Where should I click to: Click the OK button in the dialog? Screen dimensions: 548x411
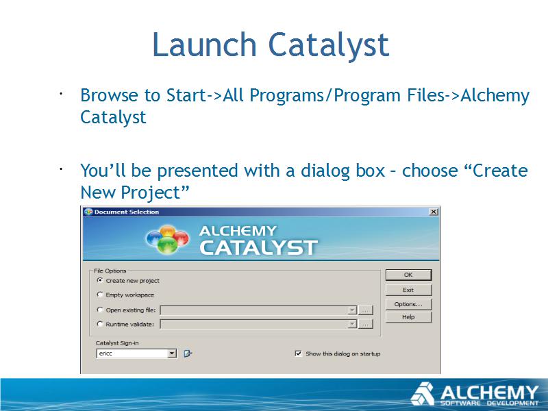pos(408,275)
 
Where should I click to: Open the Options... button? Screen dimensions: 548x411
pos(408,304)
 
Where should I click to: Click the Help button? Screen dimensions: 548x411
pos(408,317)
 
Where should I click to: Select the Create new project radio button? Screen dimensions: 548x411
pos(100,280)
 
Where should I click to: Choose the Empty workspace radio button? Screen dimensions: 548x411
pos(100,295)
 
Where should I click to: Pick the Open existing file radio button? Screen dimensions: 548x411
pos(100,310)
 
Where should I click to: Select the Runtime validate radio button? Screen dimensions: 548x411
pos(100,324)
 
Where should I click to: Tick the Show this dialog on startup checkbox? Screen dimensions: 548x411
pos(298,353)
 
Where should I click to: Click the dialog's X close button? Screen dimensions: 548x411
pos(434,212)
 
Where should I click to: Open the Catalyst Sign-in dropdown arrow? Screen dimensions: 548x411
pos(172,353)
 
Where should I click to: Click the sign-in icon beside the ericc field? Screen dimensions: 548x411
pos(188,353)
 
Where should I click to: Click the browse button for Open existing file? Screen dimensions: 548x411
pos(366,310)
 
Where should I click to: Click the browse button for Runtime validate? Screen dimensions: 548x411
pos(366,324)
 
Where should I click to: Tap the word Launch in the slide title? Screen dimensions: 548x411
pos(204,45)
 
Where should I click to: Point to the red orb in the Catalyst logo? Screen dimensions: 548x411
pos(180,238)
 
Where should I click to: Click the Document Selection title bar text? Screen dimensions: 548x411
pos(127,212)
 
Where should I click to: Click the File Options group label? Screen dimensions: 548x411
pos(110,271)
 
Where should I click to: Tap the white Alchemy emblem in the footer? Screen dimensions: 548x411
pos(422,394)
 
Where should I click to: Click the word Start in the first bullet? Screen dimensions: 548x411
pos(186,95)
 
